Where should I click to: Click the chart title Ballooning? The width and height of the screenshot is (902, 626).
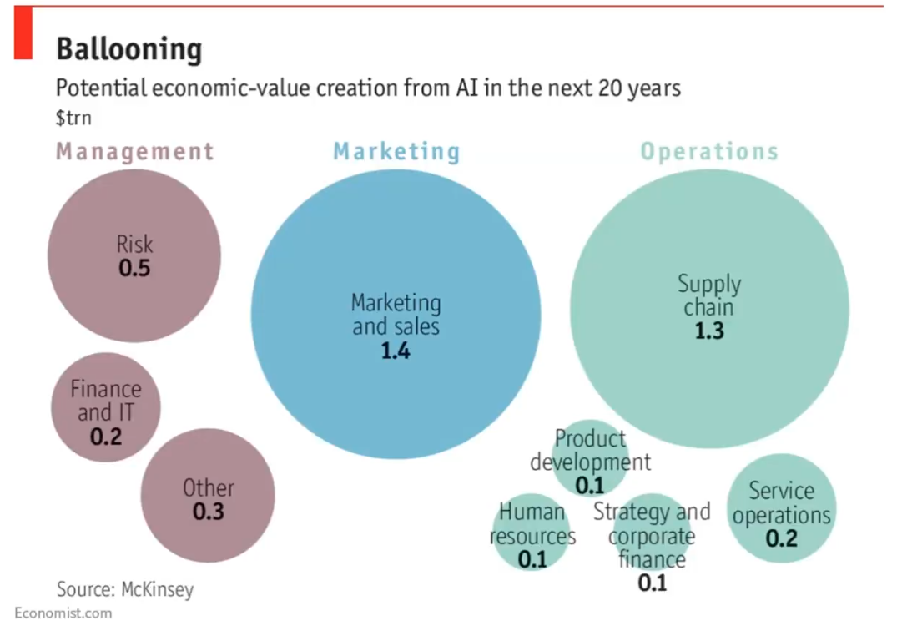(x=128, y=49)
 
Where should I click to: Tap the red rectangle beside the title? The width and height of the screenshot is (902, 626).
(x=23, y=34)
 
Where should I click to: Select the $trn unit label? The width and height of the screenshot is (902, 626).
(x=73, y=119)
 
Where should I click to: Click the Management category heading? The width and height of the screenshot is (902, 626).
(x=135, y=152)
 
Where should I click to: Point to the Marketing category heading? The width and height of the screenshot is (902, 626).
(x=396, y=152)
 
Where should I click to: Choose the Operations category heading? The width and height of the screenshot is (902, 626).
(x=709, y=152)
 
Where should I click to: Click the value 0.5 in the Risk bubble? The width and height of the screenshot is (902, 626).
(x=134, y=269)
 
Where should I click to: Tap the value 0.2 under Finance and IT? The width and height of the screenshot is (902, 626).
(x=106, y=436)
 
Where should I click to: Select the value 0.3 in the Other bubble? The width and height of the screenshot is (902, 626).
(x=209, y=511)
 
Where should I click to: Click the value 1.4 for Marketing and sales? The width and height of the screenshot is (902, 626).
(x=396, y=351)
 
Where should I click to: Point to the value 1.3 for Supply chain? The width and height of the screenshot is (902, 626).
(x=709, y=331)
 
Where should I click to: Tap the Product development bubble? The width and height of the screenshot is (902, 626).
(x=590, y=457)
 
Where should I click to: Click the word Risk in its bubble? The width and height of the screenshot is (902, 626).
(x=134, y=245)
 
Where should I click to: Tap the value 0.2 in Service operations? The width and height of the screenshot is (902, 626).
(x=782, y=538)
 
